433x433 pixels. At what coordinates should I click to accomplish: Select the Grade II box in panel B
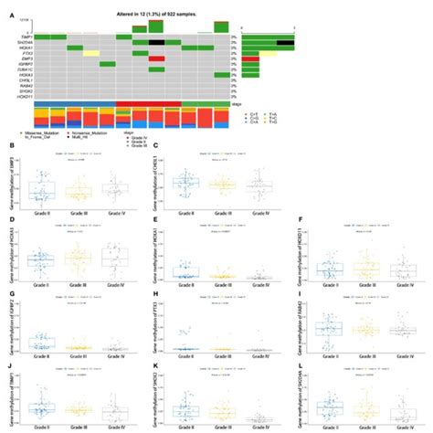tap(41, 190)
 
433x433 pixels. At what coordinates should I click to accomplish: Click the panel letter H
tap(159, 297)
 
